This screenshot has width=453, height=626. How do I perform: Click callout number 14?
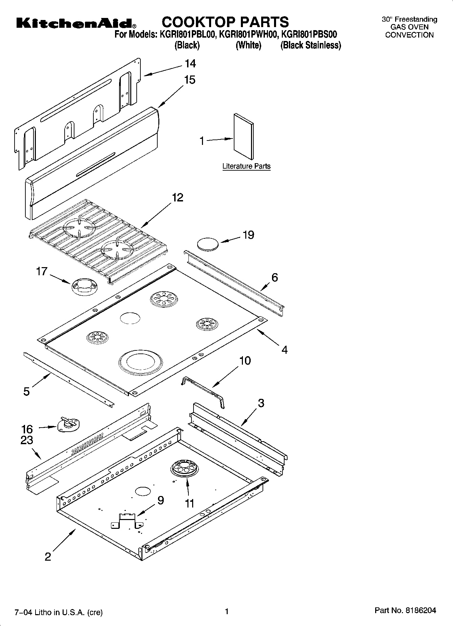coord(190,64)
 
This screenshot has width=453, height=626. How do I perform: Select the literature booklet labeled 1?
coord(243,136)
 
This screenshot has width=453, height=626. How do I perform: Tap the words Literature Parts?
coord(246,166)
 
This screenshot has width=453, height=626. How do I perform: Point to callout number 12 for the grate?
coord(177,198)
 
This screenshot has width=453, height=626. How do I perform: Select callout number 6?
coord(274,278)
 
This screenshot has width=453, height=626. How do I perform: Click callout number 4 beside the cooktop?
coord(285,350)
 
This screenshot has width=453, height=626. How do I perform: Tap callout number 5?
coord(26,392)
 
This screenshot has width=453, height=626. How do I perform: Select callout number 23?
coord(27,440)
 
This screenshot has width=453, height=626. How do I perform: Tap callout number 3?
coord(261,403)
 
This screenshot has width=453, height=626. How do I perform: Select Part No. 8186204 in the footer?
coord(405,610)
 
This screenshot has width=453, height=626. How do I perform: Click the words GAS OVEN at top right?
coord(409,27)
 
